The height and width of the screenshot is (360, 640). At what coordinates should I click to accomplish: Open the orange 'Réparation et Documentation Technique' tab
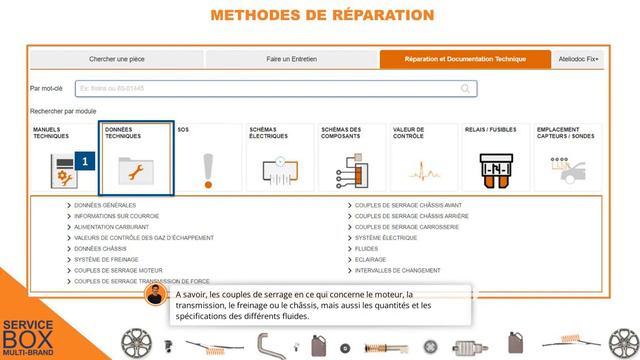pyautogui.click(x=465, y=60)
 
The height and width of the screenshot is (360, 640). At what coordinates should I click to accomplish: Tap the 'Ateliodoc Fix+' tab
pyautogui.click(x=579, y=60)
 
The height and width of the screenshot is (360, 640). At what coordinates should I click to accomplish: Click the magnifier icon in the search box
pyautogui.click(x=467, y=89)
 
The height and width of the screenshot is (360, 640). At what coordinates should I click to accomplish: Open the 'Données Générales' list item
pyautogui.click(x=104, y=205)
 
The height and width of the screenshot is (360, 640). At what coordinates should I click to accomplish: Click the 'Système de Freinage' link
pyautogui.click(x=106, y=260)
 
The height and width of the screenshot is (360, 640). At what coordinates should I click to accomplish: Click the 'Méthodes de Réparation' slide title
pyautogui.click(x=320, y=15)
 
